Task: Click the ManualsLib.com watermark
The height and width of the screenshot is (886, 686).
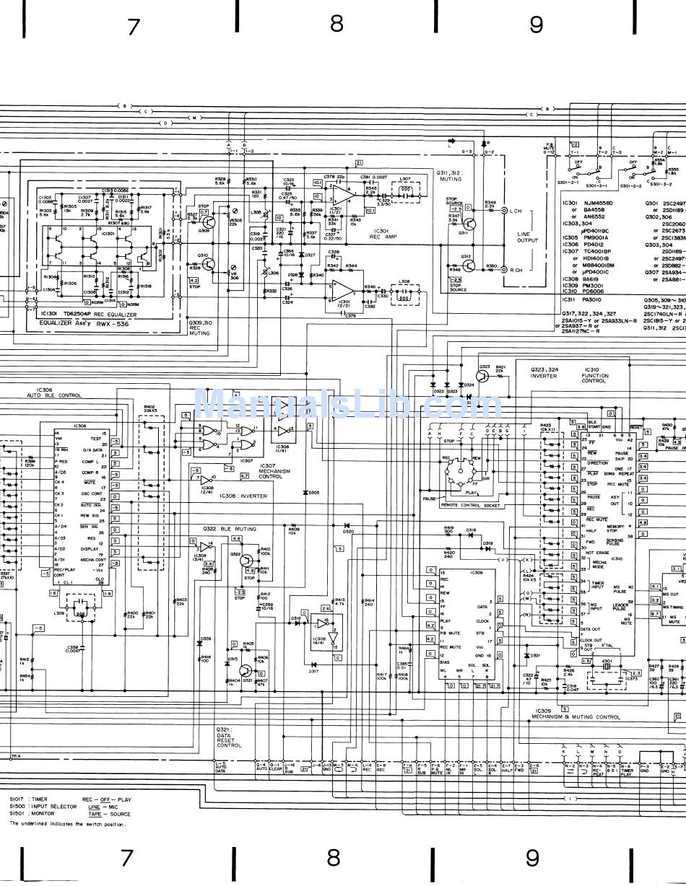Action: pyautogui.click(x=348, y=405)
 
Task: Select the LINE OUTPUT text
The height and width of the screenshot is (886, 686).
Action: pyautogui.click(x=528, y=240)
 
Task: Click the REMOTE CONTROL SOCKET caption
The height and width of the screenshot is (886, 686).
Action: pyautogui.click(x=470, y=505)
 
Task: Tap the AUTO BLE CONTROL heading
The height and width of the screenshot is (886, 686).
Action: pyautogui.click(x=54, y=395)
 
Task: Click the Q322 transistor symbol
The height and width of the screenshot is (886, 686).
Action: pyautogui.click(x=246, y=561)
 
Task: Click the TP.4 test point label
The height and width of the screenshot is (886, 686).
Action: pyautogui.click(x=15, y=755)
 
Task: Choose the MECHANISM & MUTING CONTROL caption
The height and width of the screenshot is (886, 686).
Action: pyautogui.click(x=576, y=716)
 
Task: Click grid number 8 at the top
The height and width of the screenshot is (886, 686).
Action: pyautogui.click(x=336, y=24)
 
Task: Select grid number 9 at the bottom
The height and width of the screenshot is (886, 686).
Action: pyautogui.click(x=532, y=858)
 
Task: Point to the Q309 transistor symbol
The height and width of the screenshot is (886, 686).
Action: pyautogui.click(x=204, y=226)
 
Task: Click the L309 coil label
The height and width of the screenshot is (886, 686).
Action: pyautogui.click(x=58, y=613)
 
